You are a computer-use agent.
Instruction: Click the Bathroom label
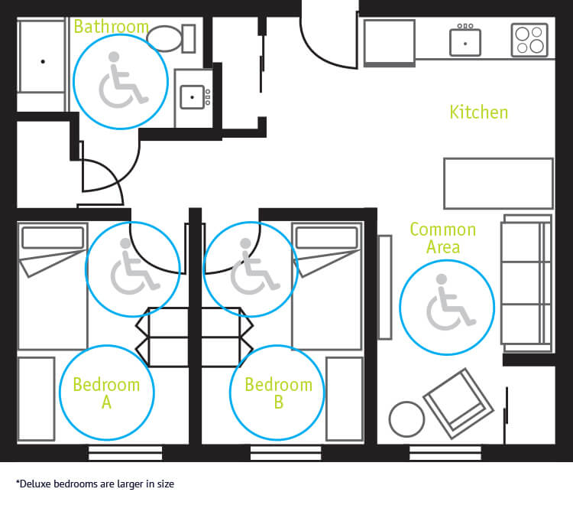pos(111,27)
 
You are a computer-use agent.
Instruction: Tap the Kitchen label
pos(478,112)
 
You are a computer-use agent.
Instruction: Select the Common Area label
pos(442,237)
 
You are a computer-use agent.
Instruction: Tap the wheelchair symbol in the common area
pos(449,302)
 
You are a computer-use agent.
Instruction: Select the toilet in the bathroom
pos(169,37)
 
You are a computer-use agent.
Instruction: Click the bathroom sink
pos(193,96)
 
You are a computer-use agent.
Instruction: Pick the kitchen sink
pos(465,41)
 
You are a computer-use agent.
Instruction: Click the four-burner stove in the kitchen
pos(530,40)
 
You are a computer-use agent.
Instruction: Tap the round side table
pos(406,419)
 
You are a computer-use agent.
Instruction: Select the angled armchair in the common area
pos(458,402)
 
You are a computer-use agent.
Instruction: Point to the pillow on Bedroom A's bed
pos(53,238)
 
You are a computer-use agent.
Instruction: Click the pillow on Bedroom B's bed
pos(326,238)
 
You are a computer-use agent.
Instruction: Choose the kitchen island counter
pos(498,183)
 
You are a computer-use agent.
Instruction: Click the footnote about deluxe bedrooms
pos(95,484)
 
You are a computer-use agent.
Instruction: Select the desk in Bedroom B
pos(344,398)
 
